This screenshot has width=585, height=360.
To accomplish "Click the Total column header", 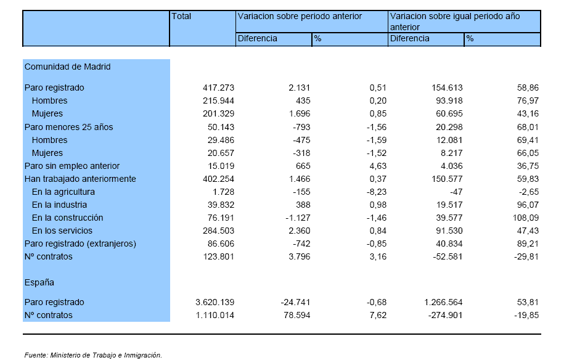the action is click(181, 17).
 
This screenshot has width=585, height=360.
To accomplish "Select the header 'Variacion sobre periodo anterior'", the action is click(300, 17).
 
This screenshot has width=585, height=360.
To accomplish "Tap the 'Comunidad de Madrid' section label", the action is click(68, 67).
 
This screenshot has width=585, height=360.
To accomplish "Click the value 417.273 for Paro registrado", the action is click(219, 88).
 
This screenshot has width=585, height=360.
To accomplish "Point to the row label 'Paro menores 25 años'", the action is click(68, 127).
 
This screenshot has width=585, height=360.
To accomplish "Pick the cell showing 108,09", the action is click(526, 218).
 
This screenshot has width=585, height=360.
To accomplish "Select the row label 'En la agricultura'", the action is click(63, 192).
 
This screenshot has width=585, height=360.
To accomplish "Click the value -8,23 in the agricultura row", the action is click(377, 192).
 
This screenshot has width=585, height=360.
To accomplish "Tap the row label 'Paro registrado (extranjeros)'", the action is click(80, 244).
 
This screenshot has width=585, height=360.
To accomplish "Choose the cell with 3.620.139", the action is click(215, 302).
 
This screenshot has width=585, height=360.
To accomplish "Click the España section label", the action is click(39, 283).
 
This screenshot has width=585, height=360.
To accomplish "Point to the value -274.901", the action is click(446, 315).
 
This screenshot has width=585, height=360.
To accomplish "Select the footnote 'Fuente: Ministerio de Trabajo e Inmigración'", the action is click(93, 355).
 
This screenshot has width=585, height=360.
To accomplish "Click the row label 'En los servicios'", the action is click(62, 231).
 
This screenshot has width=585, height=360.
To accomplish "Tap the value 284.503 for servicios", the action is click(219, 231).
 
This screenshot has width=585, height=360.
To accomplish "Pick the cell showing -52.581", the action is click(448, 256).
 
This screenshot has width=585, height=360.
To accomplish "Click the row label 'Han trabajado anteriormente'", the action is click(80, 179).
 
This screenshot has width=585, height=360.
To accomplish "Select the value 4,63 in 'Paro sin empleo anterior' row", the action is click(378, 166).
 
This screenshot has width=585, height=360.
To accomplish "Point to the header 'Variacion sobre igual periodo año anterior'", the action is click(455, 22).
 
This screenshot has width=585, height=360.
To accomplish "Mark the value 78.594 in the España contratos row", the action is click(297, 315).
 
